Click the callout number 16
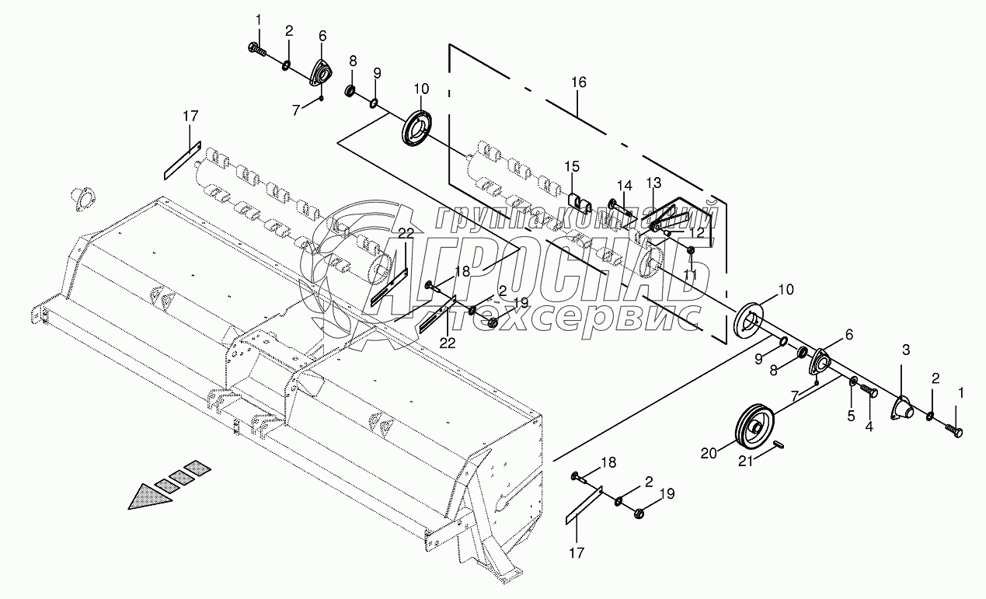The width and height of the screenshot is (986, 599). (579, 82)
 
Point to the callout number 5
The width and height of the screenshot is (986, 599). (851, 416)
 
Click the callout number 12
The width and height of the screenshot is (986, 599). (696, 232)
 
